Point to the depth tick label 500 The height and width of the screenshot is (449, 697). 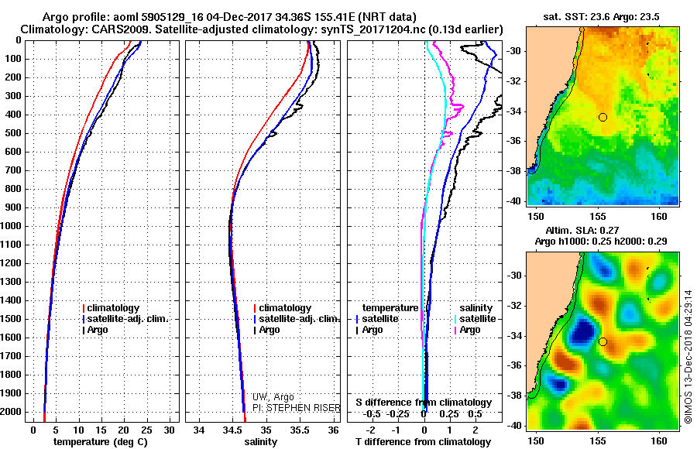13,133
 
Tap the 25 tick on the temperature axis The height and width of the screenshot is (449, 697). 146,430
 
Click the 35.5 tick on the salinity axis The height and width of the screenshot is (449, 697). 299,430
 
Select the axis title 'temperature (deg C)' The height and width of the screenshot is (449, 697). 101,442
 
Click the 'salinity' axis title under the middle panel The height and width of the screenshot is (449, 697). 261,442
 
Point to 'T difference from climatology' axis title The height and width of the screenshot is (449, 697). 423,442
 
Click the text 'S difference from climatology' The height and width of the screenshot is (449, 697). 424,403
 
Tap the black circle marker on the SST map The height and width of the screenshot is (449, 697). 603,118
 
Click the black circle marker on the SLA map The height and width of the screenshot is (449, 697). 603,342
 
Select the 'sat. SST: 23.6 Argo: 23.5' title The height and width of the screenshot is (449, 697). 602,17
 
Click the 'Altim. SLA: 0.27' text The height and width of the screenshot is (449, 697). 582,231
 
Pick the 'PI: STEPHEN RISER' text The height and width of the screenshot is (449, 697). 297,408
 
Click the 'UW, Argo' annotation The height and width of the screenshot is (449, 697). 273,397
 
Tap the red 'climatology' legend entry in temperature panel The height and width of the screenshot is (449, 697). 111,308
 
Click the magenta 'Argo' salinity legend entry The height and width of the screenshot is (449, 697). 467,330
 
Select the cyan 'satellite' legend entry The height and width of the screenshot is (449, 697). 476,319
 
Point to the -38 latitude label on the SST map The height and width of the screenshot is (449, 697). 515,171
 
